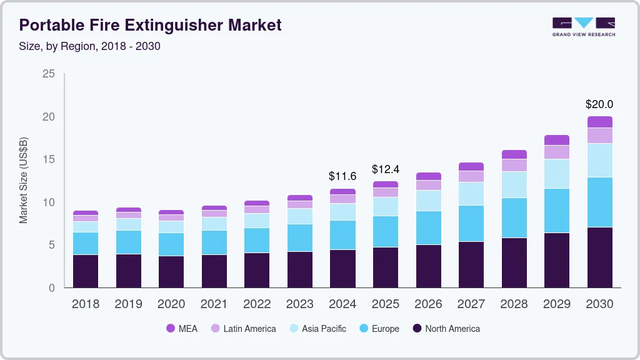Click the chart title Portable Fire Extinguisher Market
click(x=150, y=25)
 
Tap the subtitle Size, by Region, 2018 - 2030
click(x=90, y=47)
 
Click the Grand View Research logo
click(x=583, y=26)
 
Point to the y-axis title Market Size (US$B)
click(x=24, y=181)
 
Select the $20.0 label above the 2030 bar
click(x=599, y=104)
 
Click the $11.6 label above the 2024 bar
click(x=342, y=176)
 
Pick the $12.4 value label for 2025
click(x=385, y=169)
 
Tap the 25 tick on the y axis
click(x=49, y=74)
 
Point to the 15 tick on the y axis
click(x=49, y=160)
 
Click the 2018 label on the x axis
click(x=85, y=304)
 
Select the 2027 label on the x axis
click(x=471, y=304)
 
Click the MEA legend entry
click(x=181, y=328)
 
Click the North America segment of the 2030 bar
click(x=599, y=257)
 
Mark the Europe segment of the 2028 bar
click(x=514, y=217)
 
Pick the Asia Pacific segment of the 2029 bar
click(x=557, y=174)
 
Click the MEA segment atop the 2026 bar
click(x=428, y=176)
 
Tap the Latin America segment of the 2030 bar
click(x=599, y=136)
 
